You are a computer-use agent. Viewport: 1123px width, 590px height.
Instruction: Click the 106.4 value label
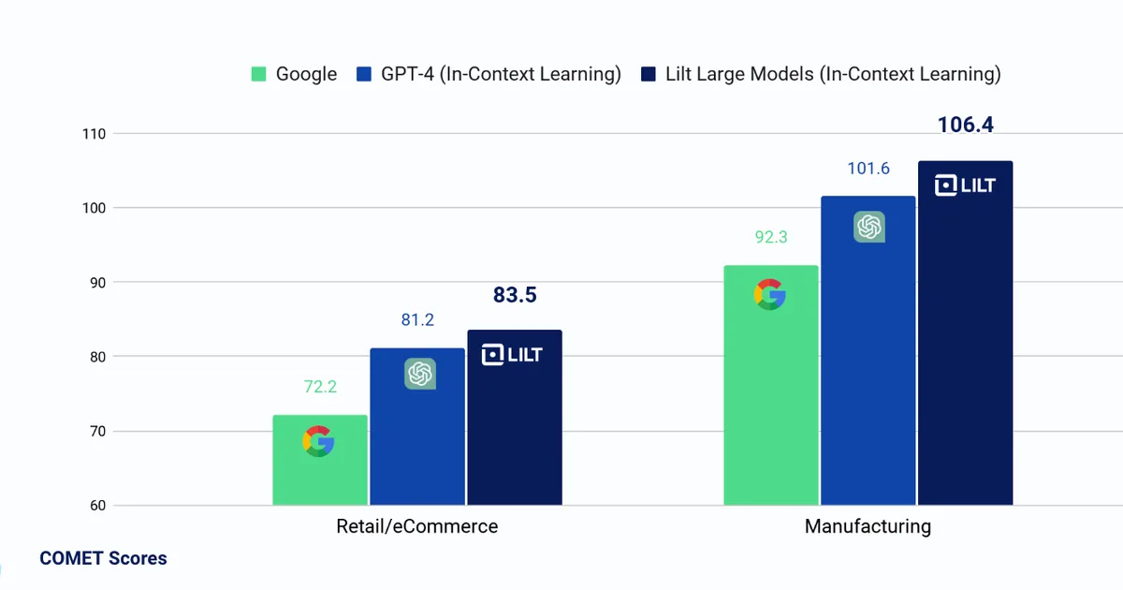(965, 125)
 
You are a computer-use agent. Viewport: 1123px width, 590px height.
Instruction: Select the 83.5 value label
(515, 295)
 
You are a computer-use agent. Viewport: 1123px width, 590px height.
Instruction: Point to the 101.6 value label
(868, 169)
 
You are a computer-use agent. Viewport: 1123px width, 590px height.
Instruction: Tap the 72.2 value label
(320, 387)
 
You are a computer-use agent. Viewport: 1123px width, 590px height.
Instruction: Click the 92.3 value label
(771, 237)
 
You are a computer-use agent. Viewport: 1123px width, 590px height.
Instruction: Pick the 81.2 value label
(417, 320)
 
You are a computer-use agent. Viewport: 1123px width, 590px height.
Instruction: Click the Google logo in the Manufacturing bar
(769, 294)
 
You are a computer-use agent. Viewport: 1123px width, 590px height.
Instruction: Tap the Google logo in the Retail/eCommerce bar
(318, 441)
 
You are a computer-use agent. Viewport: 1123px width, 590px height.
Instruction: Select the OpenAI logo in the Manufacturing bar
(869, 227)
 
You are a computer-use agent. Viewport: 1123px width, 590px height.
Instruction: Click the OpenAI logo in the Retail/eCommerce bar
(420, 374)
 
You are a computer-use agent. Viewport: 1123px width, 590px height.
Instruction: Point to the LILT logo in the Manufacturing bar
(965, 185)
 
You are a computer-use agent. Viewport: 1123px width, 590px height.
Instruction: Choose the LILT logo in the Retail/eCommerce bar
(512, 355)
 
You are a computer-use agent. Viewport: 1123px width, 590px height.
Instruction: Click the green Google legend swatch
(258, 74)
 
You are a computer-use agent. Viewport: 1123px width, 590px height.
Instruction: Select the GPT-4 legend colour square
(364, 74)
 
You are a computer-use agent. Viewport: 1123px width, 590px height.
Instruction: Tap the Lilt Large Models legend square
(649, 74)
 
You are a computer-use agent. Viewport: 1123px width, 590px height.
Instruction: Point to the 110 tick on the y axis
(95, 134)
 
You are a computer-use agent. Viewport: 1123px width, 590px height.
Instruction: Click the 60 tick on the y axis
(97, 505)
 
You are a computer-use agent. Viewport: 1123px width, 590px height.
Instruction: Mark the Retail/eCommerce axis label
(417, 526)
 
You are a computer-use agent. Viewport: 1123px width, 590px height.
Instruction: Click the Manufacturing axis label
(868, 526)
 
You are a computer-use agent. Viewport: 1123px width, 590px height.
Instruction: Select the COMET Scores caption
(103, 558)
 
